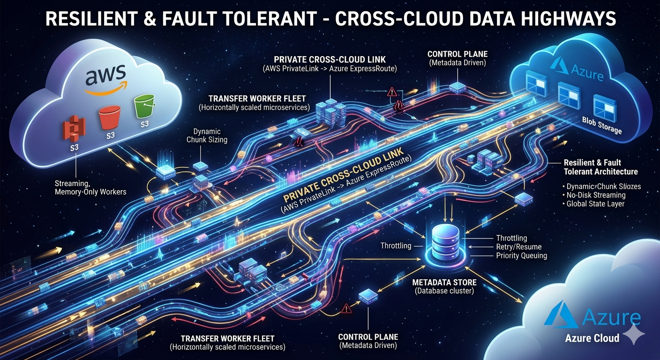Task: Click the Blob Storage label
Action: point(602,126)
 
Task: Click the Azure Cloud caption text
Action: point(592,338)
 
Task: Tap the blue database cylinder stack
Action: point(446,241)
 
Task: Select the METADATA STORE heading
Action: point(444,282)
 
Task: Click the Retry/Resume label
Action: point(518,247)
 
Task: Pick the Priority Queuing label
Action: point(522,255)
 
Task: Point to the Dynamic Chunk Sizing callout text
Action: point(207,135)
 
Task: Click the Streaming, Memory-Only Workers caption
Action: point(90,187)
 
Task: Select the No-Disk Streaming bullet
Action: point(596,195)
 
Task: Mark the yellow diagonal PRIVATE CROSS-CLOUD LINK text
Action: point(343,173)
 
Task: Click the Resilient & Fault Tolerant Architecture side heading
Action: point(600,167)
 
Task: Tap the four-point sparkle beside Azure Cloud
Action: point(635,334)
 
